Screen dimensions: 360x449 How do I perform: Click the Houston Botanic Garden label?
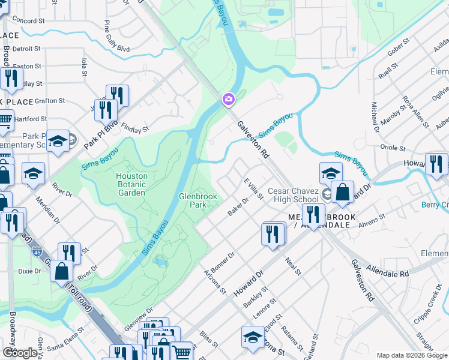[131, 184]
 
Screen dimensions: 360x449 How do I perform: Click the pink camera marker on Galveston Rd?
[228, 99]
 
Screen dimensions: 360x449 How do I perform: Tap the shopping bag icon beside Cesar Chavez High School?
[342, 193]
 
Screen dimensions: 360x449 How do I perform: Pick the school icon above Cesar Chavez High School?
[331, 173]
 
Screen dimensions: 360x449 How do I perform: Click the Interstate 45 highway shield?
[37, 251]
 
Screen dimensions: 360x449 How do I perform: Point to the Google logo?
[20, 353]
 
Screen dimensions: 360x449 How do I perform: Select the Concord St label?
[29, 20]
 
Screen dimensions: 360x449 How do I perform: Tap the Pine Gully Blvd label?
[108, 35]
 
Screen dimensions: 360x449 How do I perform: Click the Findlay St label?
[134, 128]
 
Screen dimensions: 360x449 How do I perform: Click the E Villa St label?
[253, 188]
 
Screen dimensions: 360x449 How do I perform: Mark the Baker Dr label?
[238, 207]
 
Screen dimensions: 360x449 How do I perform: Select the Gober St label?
[398, 47]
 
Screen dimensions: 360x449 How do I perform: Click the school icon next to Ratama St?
[253, 338]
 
